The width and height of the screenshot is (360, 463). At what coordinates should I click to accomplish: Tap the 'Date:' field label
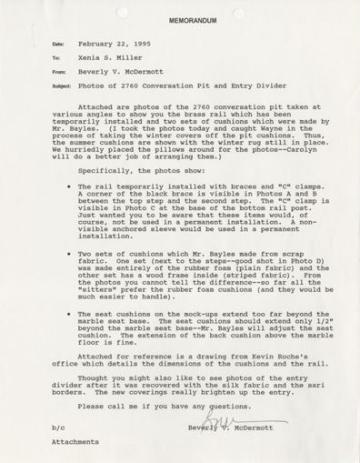pyautogui.click(x=59, y=44)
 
